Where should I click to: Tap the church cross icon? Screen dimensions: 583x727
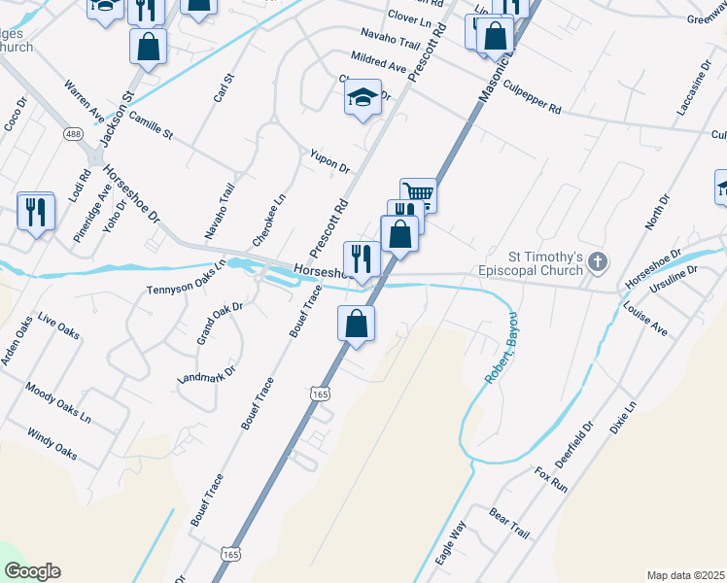[598, 260]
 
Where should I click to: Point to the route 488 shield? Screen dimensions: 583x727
[74, 133]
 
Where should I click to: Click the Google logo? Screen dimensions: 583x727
[32, 571]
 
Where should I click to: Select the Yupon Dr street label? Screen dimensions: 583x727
[329, 161]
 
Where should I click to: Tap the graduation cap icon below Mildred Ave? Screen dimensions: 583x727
[363, 97]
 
